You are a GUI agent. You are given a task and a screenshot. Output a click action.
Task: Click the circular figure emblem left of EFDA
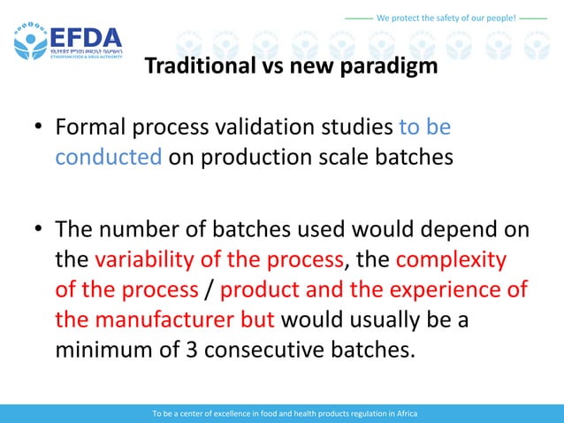[x=30, y=41]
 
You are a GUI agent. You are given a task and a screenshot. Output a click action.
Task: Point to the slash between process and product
[x=209, y=289]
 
